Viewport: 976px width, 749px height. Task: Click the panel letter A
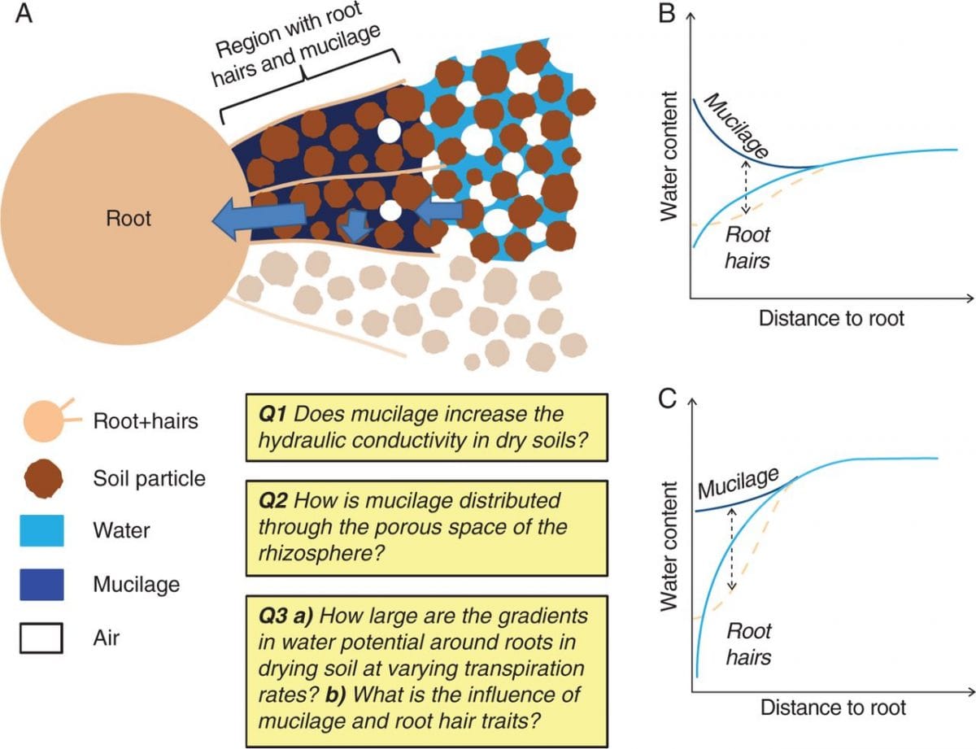click(x=24, y=15)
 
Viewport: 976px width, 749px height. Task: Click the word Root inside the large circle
click(x=129, y=219)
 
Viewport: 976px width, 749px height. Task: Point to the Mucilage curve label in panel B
click(x=730, y=124)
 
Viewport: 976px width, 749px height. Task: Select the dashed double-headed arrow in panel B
click(x=746, y=186)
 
